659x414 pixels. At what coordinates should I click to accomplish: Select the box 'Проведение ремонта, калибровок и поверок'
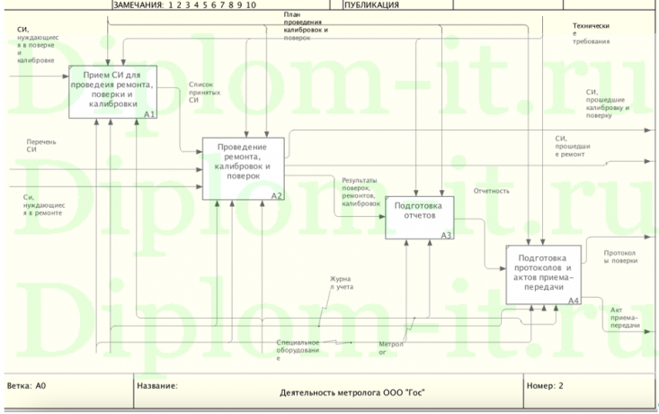pos(243,167)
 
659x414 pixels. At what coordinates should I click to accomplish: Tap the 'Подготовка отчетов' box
pos(420,216)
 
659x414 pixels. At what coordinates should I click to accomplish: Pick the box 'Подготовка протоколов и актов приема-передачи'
pos(543,273)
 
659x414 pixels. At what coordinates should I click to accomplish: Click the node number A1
pos(149,114)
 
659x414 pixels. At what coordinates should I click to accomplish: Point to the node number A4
pos(574,300)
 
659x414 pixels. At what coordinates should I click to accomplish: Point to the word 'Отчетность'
pos(492,191)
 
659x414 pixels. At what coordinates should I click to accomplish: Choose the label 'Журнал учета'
pos(341,283)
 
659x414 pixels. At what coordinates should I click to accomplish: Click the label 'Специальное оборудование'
pos(298,349)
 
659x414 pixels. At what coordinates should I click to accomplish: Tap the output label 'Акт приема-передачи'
pos(624,317)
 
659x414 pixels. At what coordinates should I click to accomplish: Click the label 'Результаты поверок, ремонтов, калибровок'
pos(361,192)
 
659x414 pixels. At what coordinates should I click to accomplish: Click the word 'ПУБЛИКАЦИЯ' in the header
pos(371,4)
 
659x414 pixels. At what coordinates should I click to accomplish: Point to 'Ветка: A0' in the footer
pos(27,385)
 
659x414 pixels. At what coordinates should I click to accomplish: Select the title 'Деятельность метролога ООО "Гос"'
pos(352,392)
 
